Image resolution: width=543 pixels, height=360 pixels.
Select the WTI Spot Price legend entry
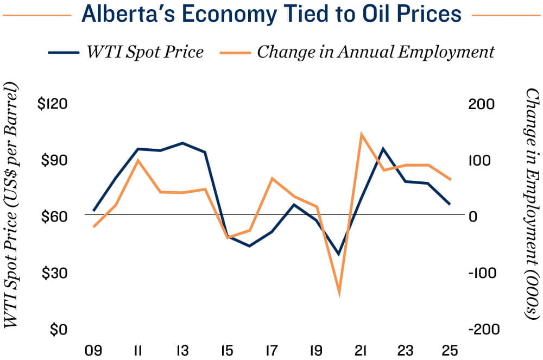point(125,52)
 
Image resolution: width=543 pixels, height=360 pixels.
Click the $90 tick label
point(53,161)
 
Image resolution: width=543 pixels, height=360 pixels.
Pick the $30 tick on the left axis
point(53,273)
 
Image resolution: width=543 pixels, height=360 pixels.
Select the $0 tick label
point(56,330)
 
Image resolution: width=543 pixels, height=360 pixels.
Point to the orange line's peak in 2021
point(361,134)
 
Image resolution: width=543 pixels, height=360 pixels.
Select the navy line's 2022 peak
point(383,148)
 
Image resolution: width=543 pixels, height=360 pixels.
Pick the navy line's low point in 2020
point(339,254)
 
